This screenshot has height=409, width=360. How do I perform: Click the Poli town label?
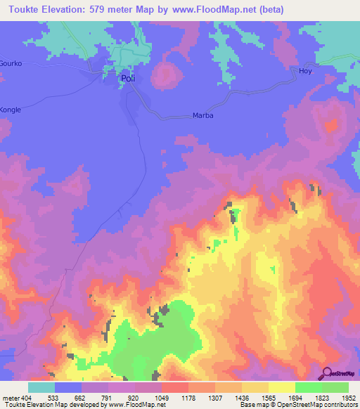click(x=127, y=79)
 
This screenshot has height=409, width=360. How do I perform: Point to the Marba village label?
click(x=202, y=116)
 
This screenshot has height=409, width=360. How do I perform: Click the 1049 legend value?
click(x=161, y=398)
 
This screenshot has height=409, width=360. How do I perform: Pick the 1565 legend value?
click(x=268, y=398)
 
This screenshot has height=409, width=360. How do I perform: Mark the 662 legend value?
click(x=82, y=398)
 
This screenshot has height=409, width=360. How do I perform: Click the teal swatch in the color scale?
click(x=41, y=387)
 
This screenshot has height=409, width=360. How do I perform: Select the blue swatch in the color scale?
click(x=68, y=387)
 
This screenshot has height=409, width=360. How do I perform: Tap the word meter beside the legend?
click(x=10, y=398)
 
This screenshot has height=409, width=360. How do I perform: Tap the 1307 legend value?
click(x=214, y=398)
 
